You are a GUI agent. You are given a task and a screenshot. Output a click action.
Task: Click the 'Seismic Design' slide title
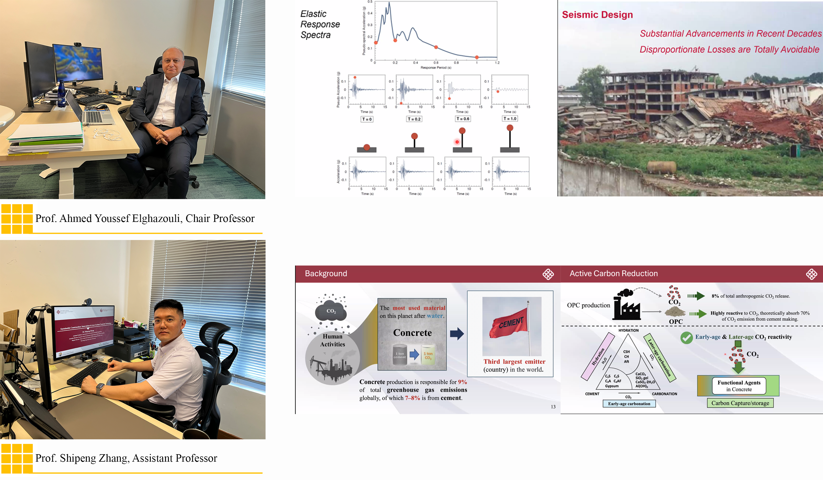click(597, 15)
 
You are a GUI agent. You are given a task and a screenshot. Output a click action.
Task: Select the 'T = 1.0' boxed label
click(510, 119)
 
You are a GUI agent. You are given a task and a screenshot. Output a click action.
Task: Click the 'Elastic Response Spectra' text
click(319, 24)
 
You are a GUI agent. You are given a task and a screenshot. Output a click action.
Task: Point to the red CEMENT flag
click(509, 325)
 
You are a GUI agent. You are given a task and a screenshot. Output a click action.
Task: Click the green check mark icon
click(686, 338)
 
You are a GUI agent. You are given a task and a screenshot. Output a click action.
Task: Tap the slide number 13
click(553, 406)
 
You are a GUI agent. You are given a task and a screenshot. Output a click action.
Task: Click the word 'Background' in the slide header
click(326, 273)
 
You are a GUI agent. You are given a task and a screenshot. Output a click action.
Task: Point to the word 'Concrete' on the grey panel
click(412, 333)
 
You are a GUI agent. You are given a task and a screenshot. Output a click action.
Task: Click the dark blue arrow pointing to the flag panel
click(457, 334)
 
